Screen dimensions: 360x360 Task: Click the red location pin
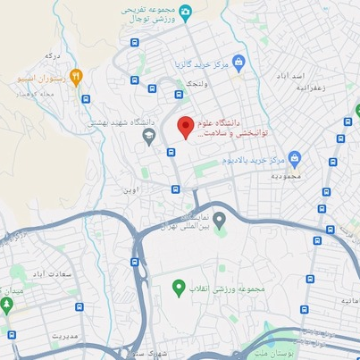click(186, 126)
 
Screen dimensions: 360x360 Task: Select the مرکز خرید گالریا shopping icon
click(239, 61)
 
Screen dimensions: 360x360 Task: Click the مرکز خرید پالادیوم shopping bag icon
click(295, 158)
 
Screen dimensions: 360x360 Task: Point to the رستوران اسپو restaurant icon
click(77, 77)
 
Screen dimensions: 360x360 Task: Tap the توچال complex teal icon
click(185, 12)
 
